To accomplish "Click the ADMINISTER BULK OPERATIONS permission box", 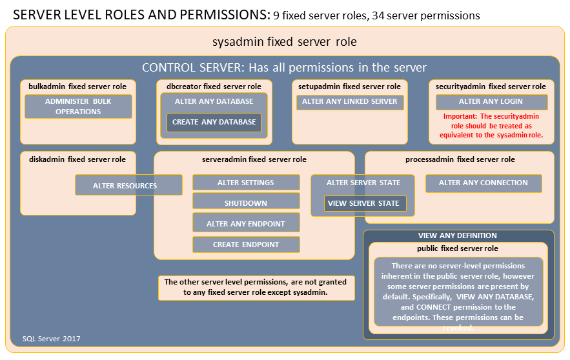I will click(78, 106).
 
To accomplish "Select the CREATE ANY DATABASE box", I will click(214, 122).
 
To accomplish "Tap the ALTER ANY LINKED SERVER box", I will click(350, 102).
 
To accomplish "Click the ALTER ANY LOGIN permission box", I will click(491, 102).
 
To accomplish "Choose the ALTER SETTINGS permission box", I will click(246, 183).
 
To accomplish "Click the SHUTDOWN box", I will click(246, 203).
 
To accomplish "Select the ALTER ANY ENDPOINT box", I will click(246, 224).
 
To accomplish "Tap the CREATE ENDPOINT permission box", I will click(246, 245).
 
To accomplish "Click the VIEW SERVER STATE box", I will click(365, 204).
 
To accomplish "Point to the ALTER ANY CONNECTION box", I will click(483, 183).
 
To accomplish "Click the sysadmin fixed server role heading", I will click(285, 42).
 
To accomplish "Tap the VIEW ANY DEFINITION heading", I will click(458, 235).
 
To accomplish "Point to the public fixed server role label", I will click(458, 248).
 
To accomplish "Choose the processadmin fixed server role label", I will click(460, 159).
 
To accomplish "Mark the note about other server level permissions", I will click(256, 287).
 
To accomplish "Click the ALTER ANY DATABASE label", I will click(214, 101).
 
